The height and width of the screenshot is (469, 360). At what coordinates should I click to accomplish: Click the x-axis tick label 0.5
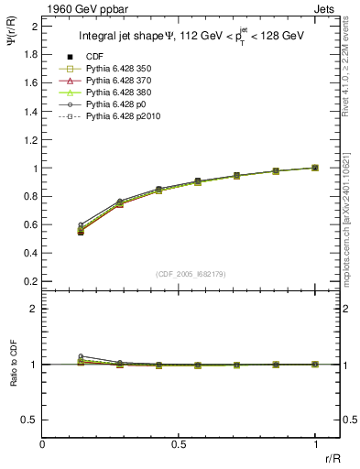click(x=179, y=444)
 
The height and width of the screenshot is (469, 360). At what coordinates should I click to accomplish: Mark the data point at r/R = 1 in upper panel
click(x=315, y=168)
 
